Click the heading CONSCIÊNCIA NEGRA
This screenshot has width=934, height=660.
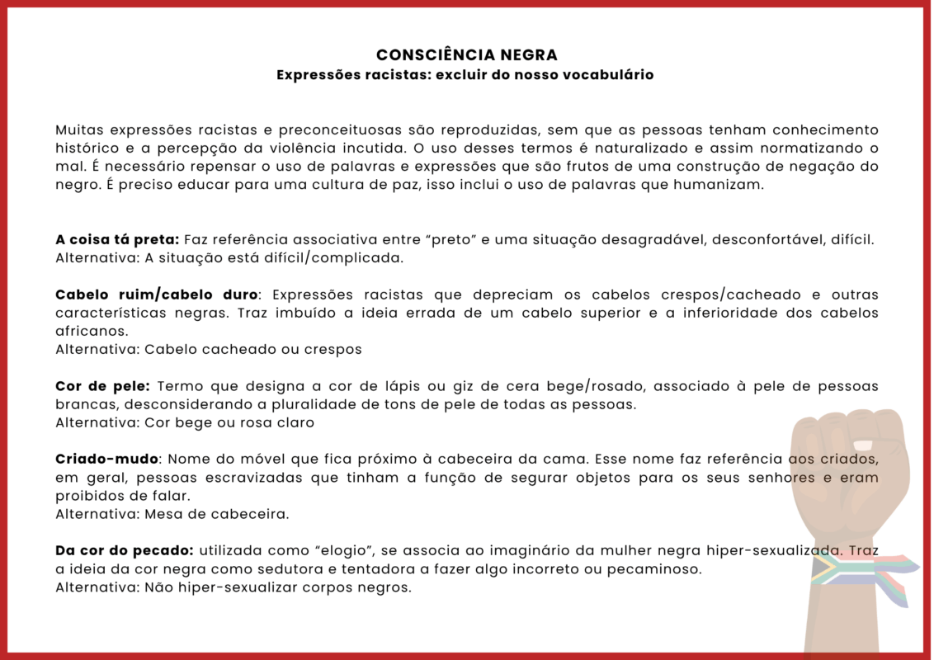pyautogui.click(x=467, y=55)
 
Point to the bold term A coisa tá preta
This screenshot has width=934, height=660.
pyautogui.click(x=117, y=240)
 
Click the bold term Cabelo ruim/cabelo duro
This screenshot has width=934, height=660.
pyautogui.click(x=157, y=295)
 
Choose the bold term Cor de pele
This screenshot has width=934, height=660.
pyautogui.click(x=102, y=386)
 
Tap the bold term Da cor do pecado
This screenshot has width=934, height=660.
pyautogui.click(x=125, y=550)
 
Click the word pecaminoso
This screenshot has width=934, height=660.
pyautogui.click(x=650, y=568)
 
